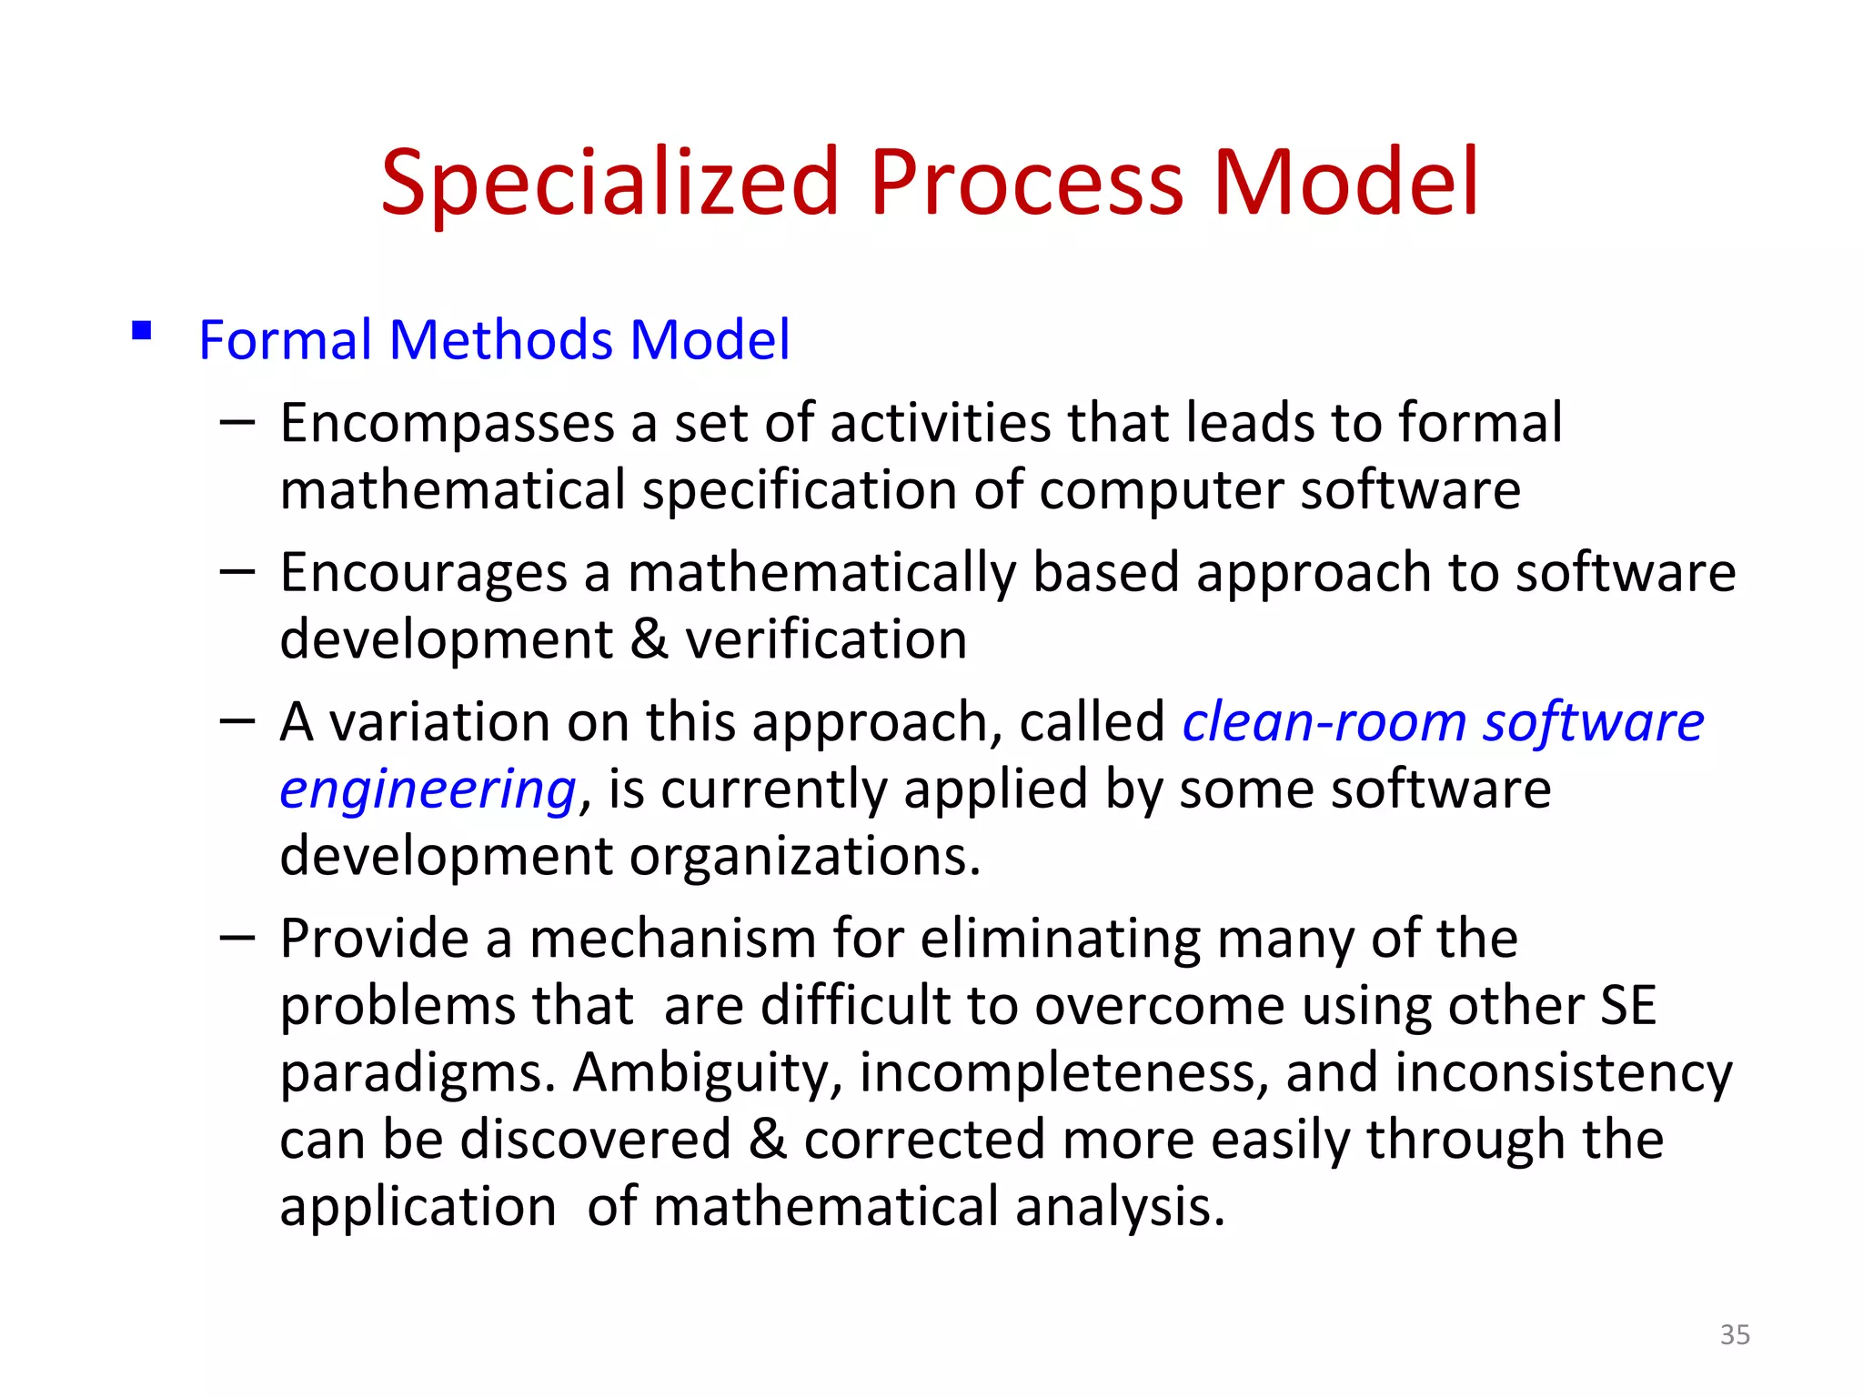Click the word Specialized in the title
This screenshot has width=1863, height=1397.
[609, 184]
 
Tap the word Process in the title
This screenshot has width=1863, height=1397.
[1027, 184]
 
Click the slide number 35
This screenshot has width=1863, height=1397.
[1735, 1334]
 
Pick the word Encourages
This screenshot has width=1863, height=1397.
[424, 573]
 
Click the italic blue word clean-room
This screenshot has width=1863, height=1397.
[1324, 722]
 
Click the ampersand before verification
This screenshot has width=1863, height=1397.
[649, 639]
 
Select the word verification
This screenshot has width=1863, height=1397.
[826, 639]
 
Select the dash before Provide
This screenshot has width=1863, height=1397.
[237, 937]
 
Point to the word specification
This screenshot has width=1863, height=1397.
[799, 491]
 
